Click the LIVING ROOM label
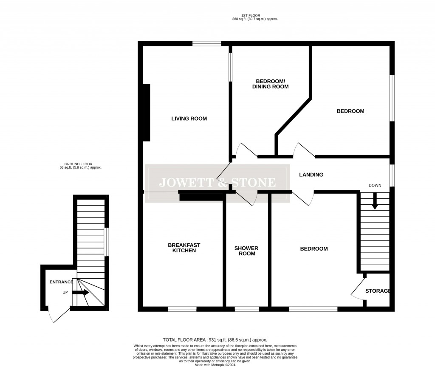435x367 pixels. click(x=189, y=119)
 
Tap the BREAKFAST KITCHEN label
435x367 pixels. click(x=184, y=248)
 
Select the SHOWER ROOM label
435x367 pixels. click(x=247, y=251)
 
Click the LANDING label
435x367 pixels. click(x=311, y=175)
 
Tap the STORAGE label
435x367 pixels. click(x=378, y=291)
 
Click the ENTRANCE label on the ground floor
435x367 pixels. click(x=62, y=282)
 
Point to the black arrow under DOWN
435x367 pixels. click(x=374, y=201)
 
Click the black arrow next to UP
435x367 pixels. click(x=81, y=292)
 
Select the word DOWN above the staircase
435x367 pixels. click(x=375, y=186)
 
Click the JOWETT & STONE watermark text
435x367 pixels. click(x=217, y=183)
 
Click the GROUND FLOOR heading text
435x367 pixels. click(x=78, y=164)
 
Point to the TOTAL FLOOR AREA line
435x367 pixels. click(x=215, y=340)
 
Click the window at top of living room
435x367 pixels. click(x=206, y=43)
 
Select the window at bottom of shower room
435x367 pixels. click(x=247, y=309)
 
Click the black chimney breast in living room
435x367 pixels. click(x=146, y=113)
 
